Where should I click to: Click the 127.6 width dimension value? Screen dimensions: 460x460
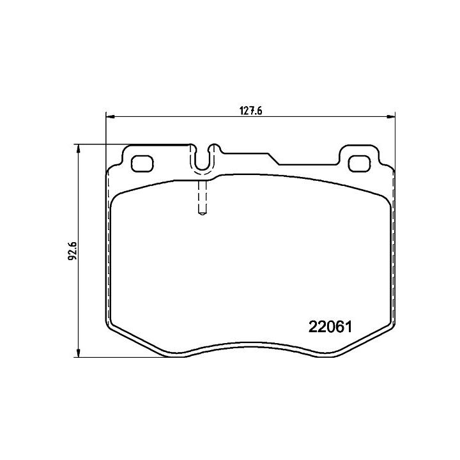pos(251,111)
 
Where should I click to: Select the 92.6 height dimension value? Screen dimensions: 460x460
pos(72,250)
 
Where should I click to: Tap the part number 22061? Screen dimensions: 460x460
pos(330,327)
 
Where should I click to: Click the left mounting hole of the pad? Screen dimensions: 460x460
pos(142,164)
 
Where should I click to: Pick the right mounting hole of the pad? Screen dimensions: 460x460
pos(359,164)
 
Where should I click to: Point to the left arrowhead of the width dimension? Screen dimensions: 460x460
pos(109,117)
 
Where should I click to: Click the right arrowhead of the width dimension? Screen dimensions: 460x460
pos(391,117)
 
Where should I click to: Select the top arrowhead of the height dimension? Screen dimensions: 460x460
pos(78,148)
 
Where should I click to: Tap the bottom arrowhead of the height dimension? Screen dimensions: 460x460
pos(78,353)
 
